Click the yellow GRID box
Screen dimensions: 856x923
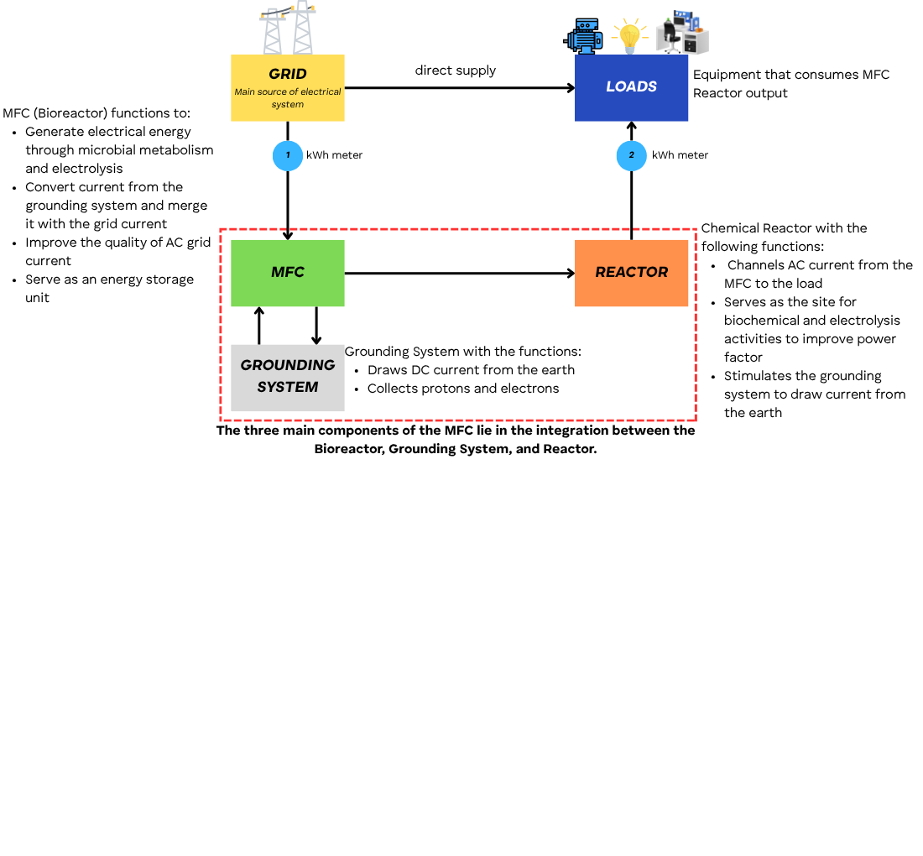tap(287, 87)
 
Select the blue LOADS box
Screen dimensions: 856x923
tap(631, 87)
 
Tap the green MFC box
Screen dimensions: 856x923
tap(287, 273)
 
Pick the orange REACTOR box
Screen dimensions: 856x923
tap(631, 273)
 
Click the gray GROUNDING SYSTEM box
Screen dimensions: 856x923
tap(287, 377)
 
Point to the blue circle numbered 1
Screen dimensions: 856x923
tap(288, 155)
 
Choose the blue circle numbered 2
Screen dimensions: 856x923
tap(631, 155)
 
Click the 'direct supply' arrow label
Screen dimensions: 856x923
tap(455, 70)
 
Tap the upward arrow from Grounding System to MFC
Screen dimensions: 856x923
tap(259, 326)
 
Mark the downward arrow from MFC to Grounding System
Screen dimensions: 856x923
tap(316, 326)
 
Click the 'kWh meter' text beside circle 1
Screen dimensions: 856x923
tap(334, 155)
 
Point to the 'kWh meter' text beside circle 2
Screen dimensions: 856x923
tap(680, 155)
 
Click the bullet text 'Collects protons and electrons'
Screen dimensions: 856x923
tap(462, 389)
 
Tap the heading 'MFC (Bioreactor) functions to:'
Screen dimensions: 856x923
tap(96, 113)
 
